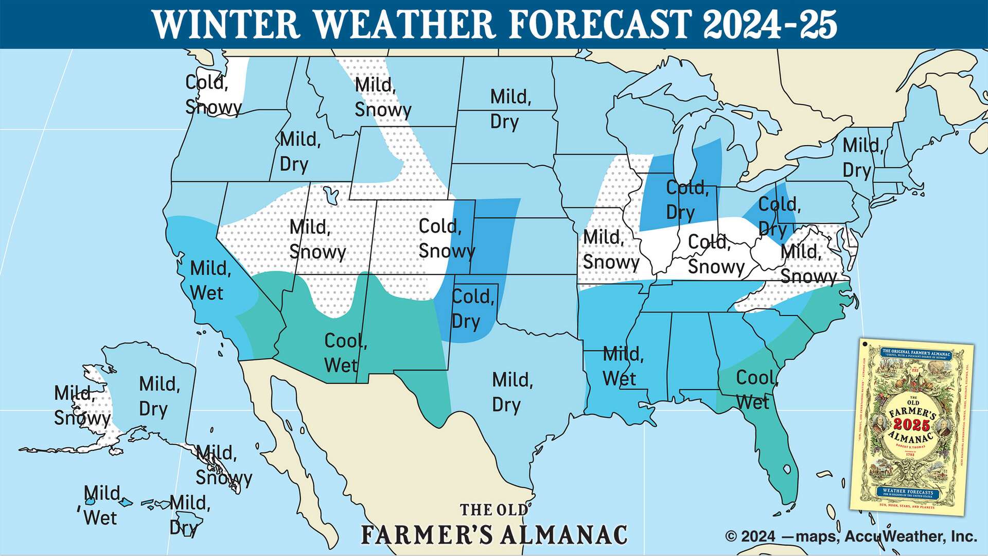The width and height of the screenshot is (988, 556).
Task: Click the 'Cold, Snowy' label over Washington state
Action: pyautogui.click(x=213, y=95)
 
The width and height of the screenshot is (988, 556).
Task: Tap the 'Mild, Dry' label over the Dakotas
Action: pyautogui.click(x=510, y=109)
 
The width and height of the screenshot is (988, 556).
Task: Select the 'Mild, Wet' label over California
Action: pyautogui.click(x=210, y=281)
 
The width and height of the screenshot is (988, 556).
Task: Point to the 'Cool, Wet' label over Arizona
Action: pyautogui.click(x=345, y=353)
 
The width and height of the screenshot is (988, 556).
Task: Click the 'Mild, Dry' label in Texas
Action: pyautogui.click(x=512, y=392)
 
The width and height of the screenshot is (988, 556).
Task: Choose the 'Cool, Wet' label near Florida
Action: pyautogui.click(x=757, y=390)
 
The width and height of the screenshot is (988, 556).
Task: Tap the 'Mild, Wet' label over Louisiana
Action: pyautogui.click(x=623, y=366)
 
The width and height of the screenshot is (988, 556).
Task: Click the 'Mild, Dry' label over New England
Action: pyautogui.click(x=862, y=158)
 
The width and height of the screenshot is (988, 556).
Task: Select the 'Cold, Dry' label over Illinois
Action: pyautogui.click(x=687, y=200)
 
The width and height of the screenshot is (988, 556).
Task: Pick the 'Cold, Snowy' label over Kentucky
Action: pyautogui.click(x=715, y=254)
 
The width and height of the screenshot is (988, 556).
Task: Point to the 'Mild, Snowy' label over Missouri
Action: pyautogui.click(x=610, y=250)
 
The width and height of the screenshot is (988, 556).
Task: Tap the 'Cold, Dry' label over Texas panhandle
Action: pyautogui.click(x=472, y=309)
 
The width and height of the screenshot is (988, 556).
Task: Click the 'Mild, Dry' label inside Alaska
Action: pyautogui.click(x=159, y=396)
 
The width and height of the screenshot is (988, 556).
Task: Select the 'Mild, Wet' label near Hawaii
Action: pyautogui.click(x=101, y=505)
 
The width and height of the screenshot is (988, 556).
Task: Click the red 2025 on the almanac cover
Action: pyautogui.click(x=911, y=425)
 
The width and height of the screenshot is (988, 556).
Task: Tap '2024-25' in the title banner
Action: pyautogui.click(x=770, y=24)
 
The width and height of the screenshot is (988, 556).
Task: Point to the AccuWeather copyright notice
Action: pyautogui.click(x=851, y=536)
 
